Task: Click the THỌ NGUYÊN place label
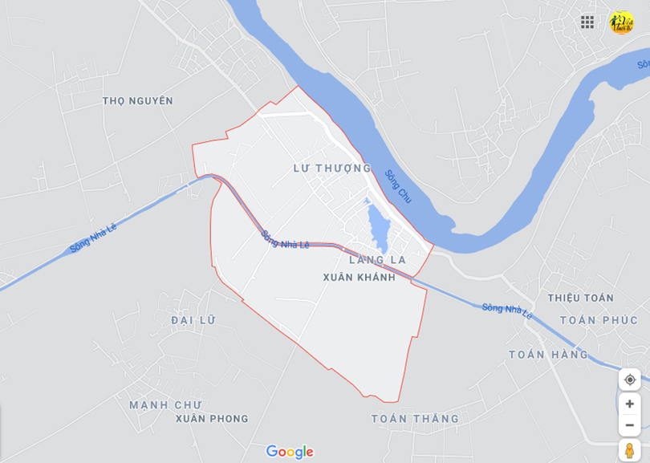click(x=138, y=101)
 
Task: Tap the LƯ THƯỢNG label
click(x=331, y=169)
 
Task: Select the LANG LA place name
click(x=378, y=260)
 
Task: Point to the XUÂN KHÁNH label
click(x=359, y=278)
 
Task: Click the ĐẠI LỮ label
click(x=193, y=320)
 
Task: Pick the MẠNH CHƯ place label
click(x=165, y=405)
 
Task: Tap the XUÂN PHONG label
click(x=212, y=419)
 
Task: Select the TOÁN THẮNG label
click(x=415, y=419)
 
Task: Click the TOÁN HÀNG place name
click(x=548, y=355)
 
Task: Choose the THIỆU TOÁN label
click(x=580, y=299)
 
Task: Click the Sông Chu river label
click(x=398, y=186)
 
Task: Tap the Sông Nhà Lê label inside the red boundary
click(x=285, y=240)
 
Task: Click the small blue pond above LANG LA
click(x=377, y=229)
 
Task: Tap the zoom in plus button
click(x=630, y=404)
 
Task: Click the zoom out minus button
click(x=630, y=424)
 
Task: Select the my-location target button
click(x=630, y=380)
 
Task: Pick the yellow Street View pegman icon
click(x=630, y=450)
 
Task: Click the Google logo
click(x=290, y=452)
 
